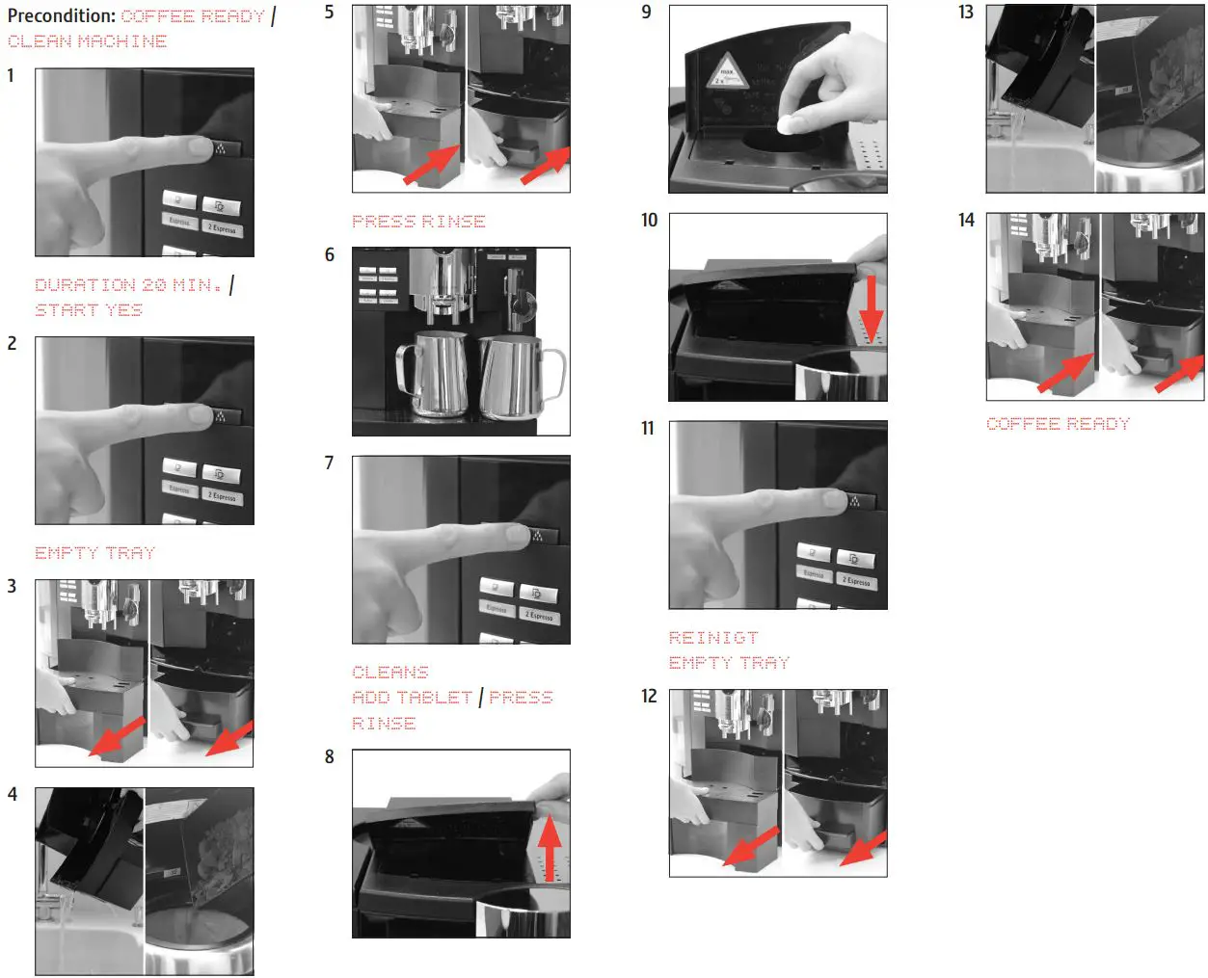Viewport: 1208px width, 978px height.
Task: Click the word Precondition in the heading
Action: (61, 15)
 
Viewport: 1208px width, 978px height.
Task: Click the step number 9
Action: (646, 13)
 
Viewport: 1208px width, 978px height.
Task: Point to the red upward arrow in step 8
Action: (550, 845)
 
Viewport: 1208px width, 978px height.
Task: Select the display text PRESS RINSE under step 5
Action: (418, 222)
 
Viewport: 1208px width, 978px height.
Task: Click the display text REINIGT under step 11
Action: (713, 638)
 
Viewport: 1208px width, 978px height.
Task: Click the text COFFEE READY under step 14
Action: (1058, 424)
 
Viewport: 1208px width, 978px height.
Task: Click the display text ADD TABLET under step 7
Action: (412, 698)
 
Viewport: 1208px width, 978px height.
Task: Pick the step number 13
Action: (966, 13)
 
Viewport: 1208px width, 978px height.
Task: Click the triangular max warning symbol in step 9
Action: (726, 73)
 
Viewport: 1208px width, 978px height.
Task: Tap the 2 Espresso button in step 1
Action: (222, 228)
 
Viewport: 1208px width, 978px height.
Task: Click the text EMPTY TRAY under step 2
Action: (94, 553)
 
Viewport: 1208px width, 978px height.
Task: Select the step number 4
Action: (12, 795)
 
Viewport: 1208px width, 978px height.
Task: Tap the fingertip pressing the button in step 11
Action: (835, 499)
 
